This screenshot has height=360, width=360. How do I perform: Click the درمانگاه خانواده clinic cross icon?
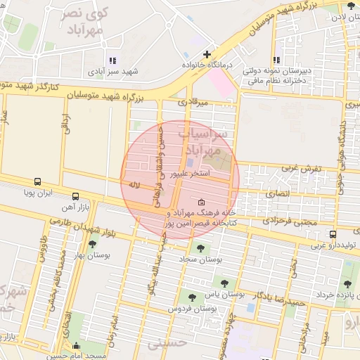206,54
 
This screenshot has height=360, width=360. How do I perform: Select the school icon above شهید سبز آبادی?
112,60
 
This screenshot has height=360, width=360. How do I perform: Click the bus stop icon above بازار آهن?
75,196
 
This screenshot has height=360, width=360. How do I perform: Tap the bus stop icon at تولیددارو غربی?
333,234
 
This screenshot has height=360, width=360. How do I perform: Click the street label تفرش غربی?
301,169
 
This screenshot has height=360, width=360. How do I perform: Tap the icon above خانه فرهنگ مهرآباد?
202,202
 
